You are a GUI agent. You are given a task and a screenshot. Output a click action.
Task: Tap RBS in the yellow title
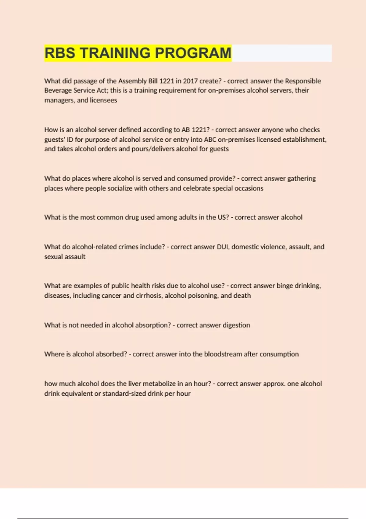point(60,53)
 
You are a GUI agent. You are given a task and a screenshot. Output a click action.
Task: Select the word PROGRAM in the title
point(193,53)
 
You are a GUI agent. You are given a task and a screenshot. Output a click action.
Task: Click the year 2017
point(190,81)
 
